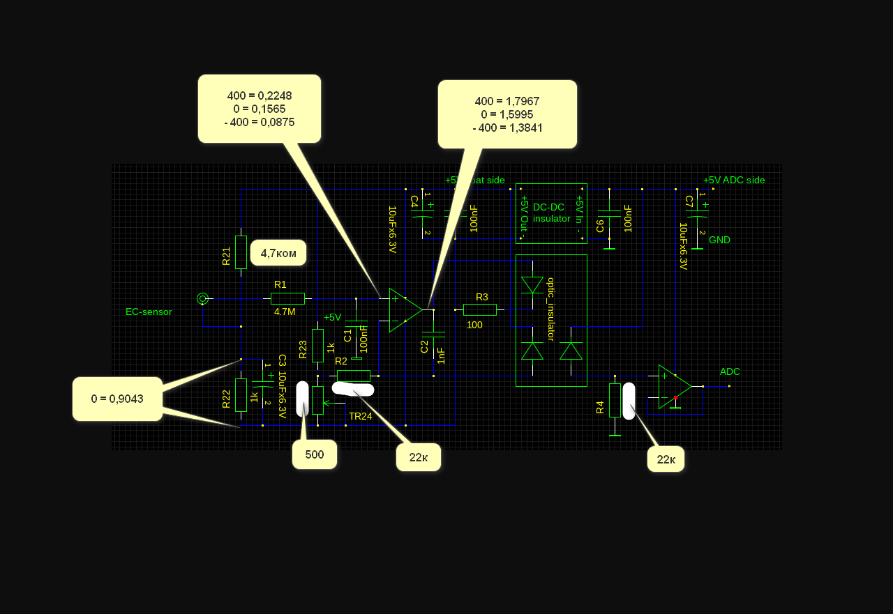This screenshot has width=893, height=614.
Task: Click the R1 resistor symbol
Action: (287, 298)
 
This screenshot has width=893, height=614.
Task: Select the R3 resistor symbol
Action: (480, 309)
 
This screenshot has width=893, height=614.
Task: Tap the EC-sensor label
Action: (149, 312)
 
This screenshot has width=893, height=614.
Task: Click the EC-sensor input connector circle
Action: (202, 298)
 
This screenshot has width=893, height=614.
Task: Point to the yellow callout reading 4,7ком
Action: (278, 253)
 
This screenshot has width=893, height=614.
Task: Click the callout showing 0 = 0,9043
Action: (117, 399)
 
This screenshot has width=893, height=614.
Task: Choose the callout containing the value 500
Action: (315, 454)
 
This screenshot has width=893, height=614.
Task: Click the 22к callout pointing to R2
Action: (419, 457)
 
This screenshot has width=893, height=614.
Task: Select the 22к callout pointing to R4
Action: (666, 459)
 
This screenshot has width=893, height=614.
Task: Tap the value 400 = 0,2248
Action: (260, 95)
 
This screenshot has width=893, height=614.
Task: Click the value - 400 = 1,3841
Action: (507, 128)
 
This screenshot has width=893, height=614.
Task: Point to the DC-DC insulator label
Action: (551, 213)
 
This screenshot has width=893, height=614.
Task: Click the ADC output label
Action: (730, 371)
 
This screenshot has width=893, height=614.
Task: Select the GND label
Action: (719, 240)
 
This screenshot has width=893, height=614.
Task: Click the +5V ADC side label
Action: (734, 180)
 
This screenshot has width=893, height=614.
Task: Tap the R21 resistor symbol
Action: (241, 252)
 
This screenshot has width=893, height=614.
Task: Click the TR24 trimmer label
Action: (360, 416)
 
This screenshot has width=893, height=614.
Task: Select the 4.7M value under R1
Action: (285, 312)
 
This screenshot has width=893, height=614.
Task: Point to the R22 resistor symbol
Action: (241, 395)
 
